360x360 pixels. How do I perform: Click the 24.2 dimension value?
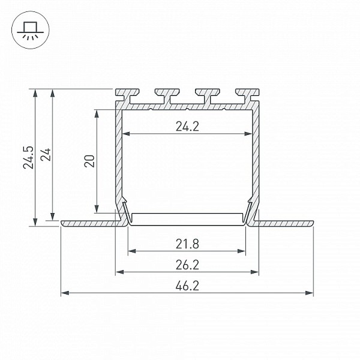point(187,127)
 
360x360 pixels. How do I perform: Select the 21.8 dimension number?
point(187,244)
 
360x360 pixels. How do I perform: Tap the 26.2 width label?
point(187,265)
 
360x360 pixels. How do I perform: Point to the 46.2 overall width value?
point(187,286)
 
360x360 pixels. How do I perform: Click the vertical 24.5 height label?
point(28,157)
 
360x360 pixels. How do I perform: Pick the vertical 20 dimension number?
point(89,161)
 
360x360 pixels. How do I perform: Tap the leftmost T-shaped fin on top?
point(127,95)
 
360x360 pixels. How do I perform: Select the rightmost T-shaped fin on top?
point(247,95)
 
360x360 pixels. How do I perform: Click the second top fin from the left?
point(167,96)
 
